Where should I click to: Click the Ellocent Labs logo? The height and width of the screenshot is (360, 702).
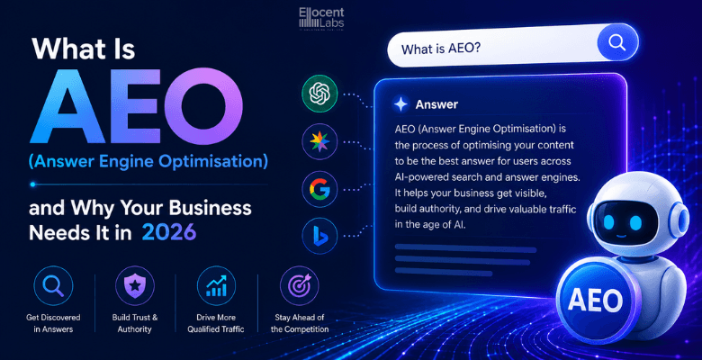tap(321, 19)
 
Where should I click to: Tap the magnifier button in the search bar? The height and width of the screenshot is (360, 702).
tap(616, 42)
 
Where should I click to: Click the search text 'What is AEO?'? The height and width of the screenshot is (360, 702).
tap(440, 48)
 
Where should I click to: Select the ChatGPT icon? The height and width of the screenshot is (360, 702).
tap(319, 94)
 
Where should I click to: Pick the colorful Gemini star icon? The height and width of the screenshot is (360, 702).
tap(319, 141)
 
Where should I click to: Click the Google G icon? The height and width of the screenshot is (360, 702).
tap(319, 188)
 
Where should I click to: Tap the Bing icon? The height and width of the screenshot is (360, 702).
tap(319, 236)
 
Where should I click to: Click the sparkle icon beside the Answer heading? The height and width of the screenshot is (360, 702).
tap(400, 104)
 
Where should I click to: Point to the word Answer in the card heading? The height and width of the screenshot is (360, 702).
tap(436, 104)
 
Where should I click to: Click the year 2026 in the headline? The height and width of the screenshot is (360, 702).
tap(169, 232)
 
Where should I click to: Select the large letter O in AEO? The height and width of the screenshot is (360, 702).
tap(203, 106)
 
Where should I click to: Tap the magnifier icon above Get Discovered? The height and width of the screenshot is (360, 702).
tap(53, 285)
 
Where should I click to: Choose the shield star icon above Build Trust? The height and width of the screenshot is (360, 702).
tap(135, 285)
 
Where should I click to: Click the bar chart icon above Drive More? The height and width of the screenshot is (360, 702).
tap(216, 285)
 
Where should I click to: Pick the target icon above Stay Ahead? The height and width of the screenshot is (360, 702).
tap(300, 285)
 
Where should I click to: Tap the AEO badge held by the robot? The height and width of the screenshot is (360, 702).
tap(595, 300)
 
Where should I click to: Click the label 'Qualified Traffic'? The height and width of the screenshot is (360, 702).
tap(216, 329)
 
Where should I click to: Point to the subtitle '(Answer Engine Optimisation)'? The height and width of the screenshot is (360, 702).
tap(148, 161)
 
